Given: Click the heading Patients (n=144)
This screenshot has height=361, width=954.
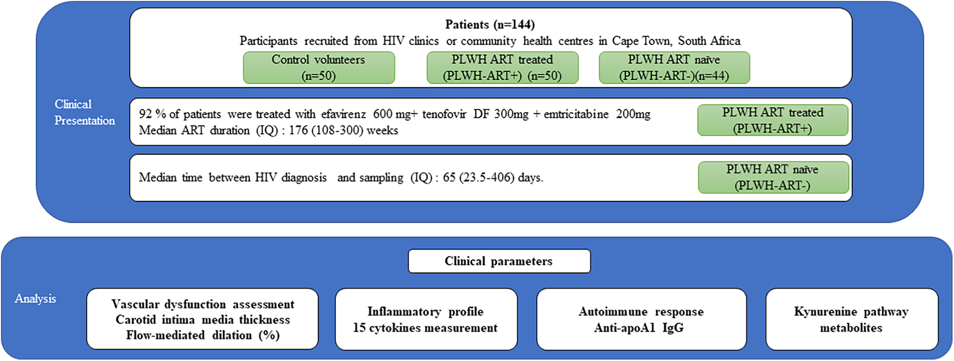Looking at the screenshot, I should click(490, 24).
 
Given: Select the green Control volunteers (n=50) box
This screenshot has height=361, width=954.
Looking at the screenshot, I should click(319, 67).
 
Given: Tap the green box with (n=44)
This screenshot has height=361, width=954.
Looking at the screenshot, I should click(674, 67).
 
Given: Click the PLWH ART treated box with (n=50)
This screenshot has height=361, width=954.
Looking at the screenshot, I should click(502, 67).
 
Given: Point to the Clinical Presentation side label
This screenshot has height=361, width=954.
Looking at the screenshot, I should click(84, 113).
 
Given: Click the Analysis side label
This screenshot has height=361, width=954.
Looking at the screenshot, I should click(35, 299).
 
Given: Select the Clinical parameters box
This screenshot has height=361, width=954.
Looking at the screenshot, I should click(499, 261).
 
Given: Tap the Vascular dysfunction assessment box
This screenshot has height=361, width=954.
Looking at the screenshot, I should click(202, 319).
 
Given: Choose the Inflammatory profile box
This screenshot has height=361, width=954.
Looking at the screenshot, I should click(425, 319).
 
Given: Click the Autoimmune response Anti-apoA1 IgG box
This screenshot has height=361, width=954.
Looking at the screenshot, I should click(641, 319).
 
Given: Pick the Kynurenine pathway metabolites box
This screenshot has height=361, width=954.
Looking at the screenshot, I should click(851, 319).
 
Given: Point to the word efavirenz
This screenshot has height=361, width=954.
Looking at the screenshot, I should click(343, 114).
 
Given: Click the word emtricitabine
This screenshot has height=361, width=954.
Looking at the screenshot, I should click(576, 114).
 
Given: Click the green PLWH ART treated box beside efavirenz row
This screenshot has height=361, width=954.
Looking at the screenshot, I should click(772, 120).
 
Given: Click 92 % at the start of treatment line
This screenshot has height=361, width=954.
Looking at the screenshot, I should click(152, 114).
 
